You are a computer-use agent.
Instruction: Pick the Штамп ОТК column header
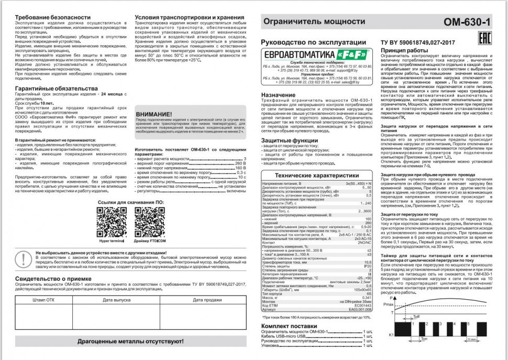coord(43,300)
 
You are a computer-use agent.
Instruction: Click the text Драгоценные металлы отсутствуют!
coord(130,341)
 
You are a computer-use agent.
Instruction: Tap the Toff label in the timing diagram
coord(416,317)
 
